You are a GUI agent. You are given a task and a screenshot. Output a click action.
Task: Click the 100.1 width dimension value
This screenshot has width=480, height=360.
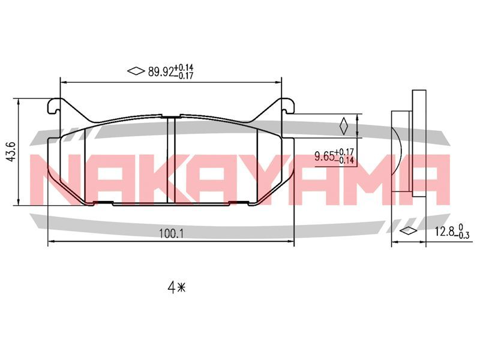click(171, 234)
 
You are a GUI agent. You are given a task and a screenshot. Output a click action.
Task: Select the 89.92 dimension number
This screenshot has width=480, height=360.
click(161, 71)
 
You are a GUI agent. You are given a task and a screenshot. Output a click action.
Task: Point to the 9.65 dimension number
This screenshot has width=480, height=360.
click(324, 157)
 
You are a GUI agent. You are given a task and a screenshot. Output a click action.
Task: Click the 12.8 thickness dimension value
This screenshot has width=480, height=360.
click(444, 231)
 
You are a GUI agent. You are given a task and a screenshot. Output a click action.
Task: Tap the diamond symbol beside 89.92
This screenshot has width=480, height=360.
click(136, 71)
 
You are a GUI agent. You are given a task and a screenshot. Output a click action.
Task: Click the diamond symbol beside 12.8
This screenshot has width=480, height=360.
click(409, 230)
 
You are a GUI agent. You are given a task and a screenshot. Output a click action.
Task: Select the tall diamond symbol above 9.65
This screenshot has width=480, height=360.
click(344, 126)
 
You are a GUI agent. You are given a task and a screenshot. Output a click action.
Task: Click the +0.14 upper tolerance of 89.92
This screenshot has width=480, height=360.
click(184, 68)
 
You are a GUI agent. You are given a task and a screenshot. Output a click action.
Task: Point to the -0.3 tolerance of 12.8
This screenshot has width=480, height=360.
click(462, 235)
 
